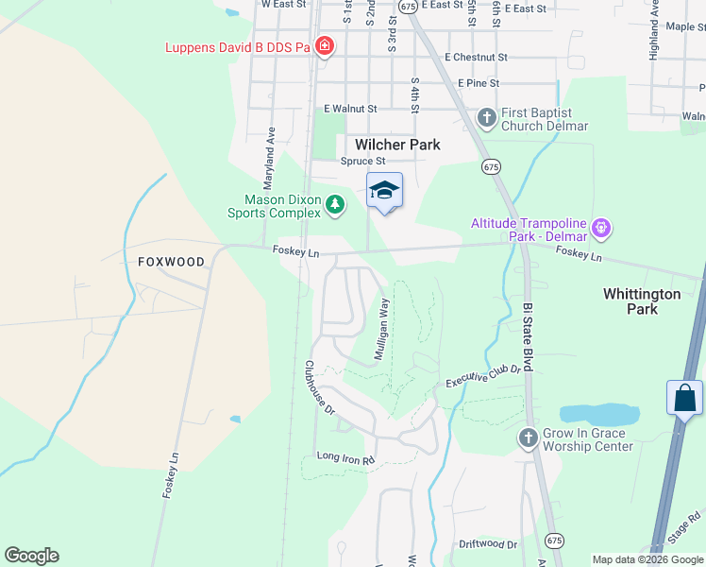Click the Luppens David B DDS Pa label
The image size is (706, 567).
click(x=238, y=47)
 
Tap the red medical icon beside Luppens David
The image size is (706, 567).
click(x=324, y=46)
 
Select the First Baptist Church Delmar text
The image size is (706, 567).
click(x=545, y=119)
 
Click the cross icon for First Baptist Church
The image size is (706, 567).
click(x=486, y=118)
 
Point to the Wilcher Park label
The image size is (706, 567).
click(x=397, y=145)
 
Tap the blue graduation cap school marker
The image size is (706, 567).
click(x=384, y=190)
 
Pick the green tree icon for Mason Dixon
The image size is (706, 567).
click(x=334, y=204)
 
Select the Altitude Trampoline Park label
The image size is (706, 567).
click(x=529, y=229)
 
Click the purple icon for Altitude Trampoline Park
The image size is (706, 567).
click(x=601, y=228)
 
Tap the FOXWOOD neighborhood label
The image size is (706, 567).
click(x=171, y=262)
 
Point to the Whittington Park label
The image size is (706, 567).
click(x=642, y=301)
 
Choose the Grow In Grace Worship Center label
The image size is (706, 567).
click(x=587, y=439)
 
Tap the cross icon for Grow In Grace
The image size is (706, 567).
click(x=528, y=438)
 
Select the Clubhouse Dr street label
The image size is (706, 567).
click(x=320, y=387)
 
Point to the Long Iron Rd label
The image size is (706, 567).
click(x=345, y=458)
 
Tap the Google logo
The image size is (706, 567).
click(x=31, y=556)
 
